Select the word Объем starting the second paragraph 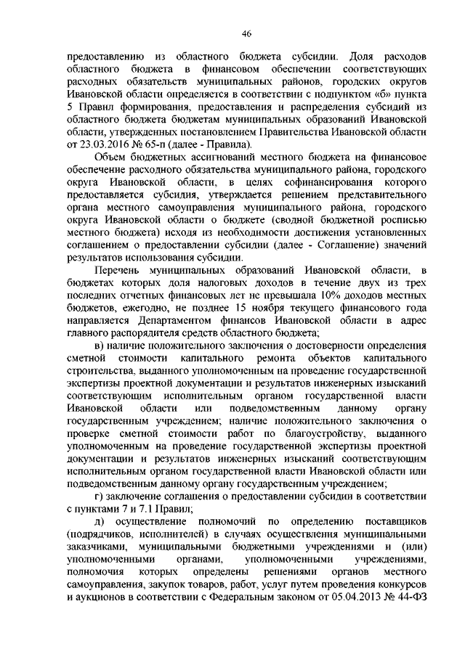click(x=111, y=156)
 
